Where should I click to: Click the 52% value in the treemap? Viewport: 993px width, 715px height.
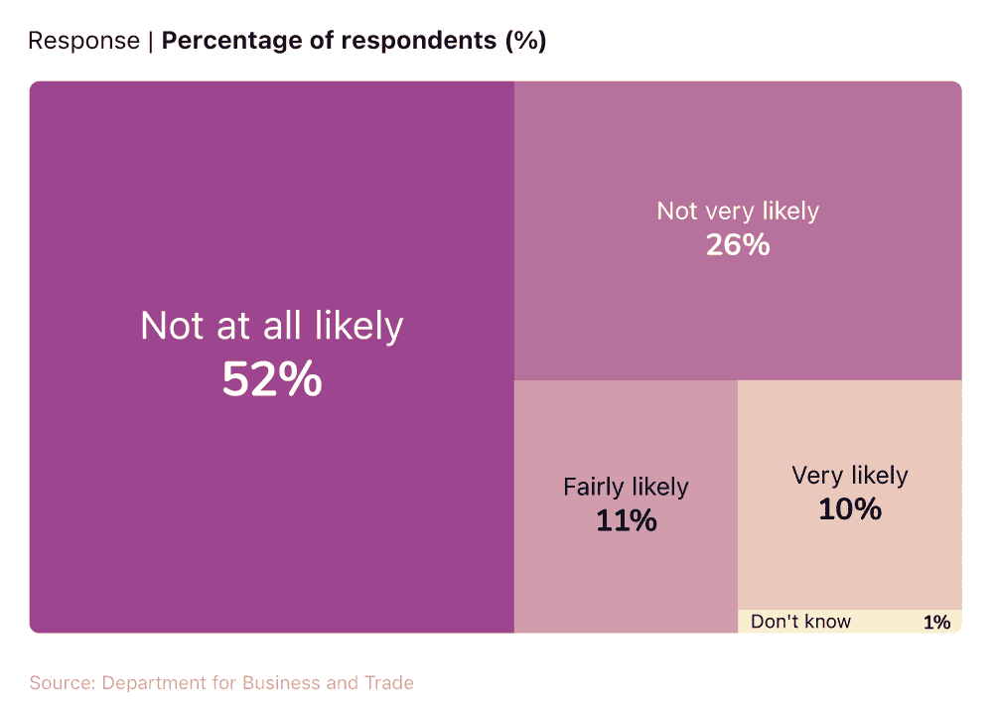[x=271, y=379]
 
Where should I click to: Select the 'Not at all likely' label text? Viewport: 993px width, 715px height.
[x=271, y=327]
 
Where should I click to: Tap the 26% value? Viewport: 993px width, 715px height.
[x=738, y=245]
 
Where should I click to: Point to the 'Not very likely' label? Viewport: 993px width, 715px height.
[x=738, y=211]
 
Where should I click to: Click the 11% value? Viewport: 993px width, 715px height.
[x=626, y=520]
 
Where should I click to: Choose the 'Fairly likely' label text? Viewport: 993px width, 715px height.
[x=626, y=487]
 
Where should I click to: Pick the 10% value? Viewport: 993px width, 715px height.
[x=850, y=509]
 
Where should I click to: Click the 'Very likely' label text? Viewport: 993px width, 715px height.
[x=850, y=476]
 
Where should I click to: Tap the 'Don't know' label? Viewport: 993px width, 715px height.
[x=800, y=622]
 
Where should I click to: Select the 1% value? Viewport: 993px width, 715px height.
[x=936, y=623]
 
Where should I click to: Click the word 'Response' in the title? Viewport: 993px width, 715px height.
[x=83, y=41]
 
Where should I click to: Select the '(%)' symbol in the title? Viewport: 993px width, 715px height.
[x=525, y=41]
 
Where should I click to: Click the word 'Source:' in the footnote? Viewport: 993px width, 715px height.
[x=63, y=683]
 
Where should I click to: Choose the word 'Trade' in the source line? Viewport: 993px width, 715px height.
[x=389, y=683]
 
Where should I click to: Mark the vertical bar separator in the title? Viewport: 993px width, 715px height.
[x=151, y=41]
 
